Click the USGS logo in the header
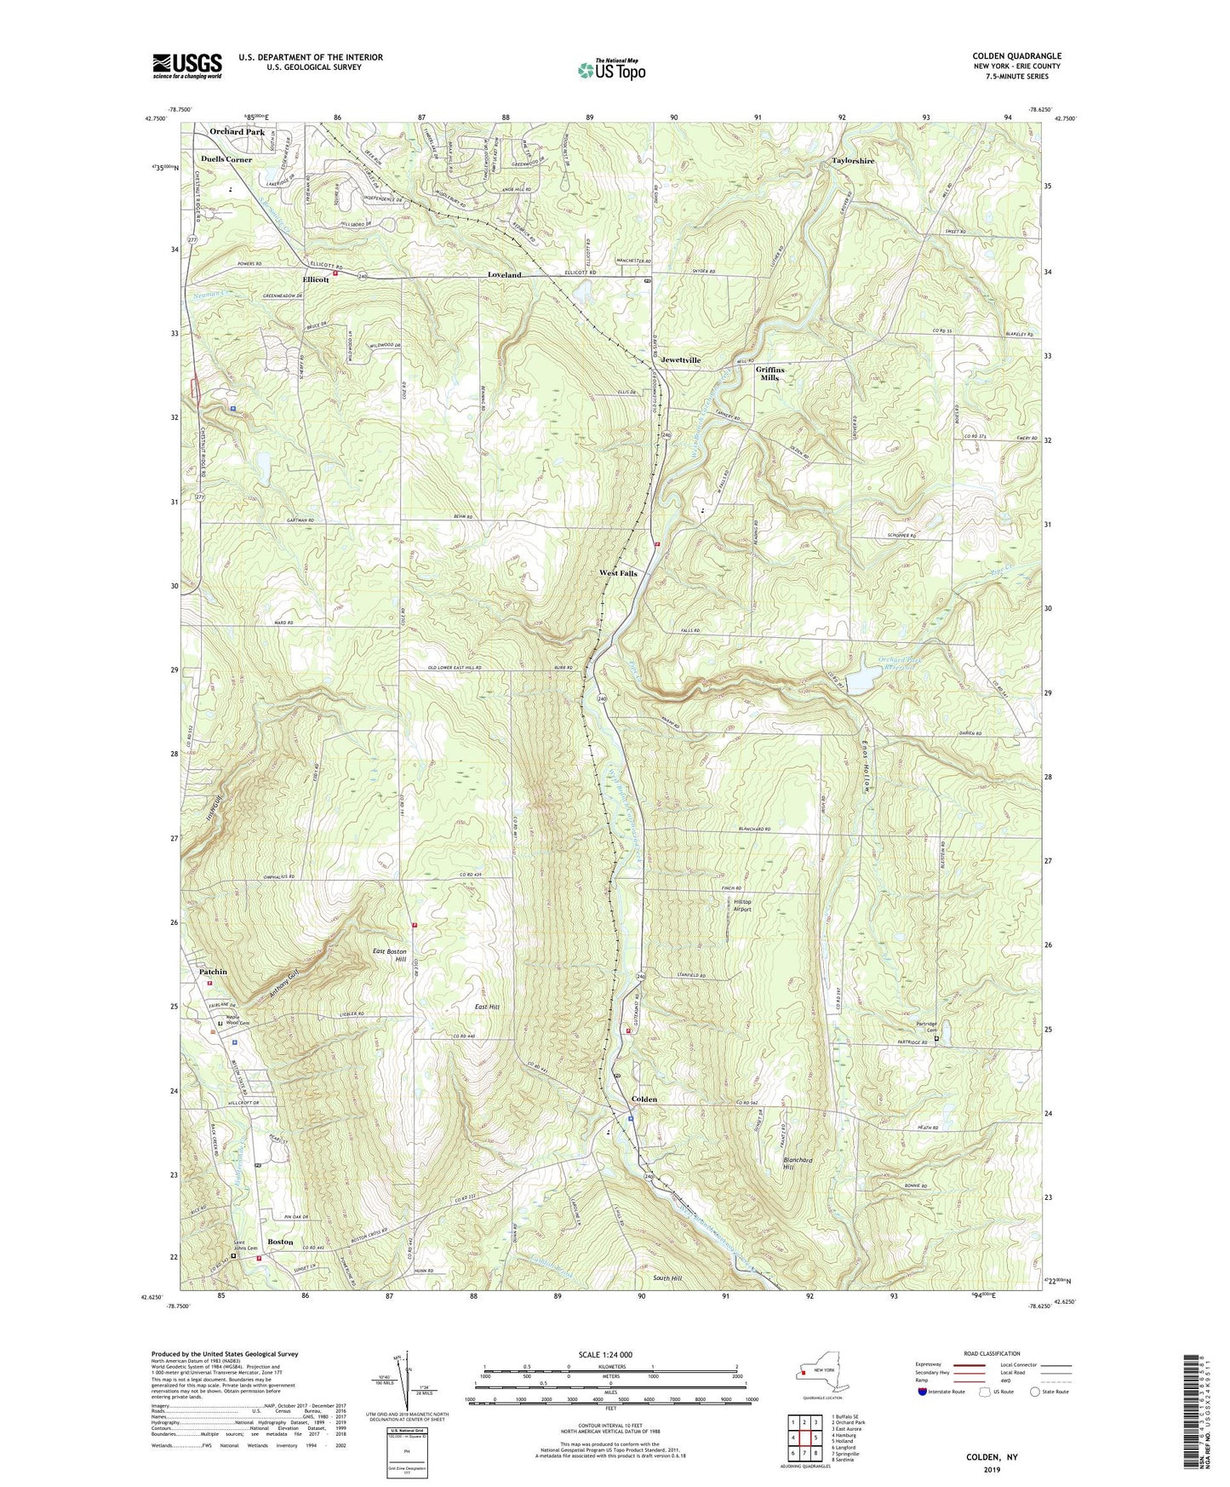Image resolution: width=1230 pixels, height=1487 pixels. tap(187, 66)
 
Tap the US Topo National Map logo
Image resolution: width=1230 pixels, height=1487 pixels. tap(611, 70)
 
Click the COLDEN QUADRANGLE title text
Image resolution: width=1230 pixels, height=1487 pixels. tap(1016, 56)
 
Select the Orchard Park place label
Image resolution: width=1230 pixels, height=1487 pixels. tap(237, 132)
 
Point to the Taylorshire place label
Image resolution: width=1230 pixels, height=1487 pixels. tap(853, 160)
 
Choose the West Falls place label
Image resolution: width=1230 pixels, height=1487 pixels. tap(618, 573)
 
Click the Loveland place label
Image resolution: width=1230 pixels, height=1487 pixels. tap(504, 275)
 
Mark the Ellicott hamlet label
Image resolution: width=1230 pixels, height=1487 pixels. tap(316, 279)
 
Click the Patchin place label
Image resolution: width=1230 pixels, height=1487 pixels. tap(213, 972)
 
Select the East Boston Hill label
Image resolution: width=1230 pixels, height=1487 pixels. tap(390, 955)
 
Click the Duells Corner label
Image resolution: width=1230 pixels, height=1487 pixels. tap(226, 159)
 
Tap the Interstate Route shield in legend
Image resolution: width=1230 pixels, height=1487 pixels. tap(924, 1392)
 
